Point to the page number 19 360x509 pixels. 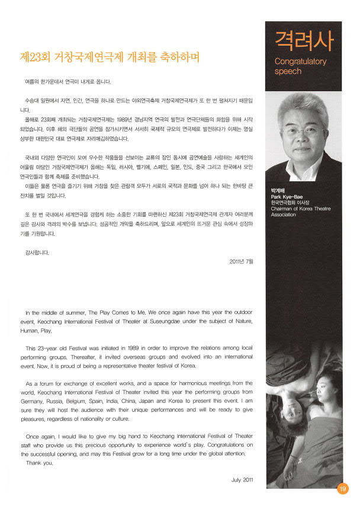(343, 489)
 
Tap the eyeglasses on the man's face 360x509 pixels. (303, 129)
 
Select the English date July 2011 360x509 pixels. (242, 480)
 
